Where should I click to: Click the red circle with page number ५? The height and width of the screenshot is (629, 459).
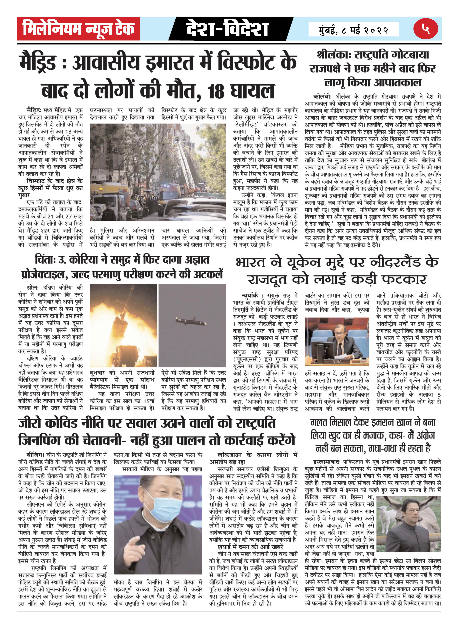(425, 29)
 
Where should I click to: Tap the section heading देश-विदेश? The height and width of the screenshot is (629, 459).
(227, 29)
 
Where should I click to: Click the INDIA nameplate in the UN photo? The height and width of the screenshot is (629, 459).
(336, 361)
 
